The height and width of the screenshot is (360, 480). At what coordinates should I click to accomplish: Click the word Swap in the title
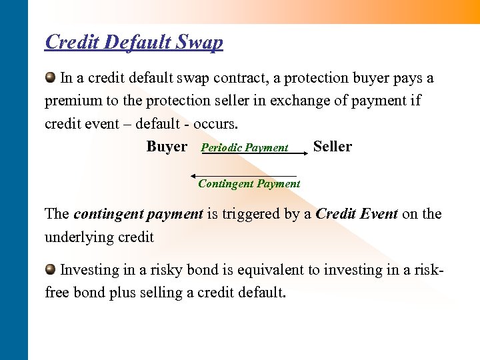click(198, 43)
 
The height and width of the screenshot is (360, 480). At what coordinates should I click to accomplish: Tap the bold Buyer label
click(167, 147)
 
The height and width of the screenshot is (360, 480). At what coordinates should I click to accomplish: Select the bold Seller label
click(332, 147)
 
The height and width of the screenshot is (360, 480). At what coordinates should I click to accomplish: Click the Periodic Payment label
click(245, 148)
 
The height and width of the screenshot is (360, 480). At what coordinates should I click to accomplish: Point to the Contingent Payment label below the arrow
click(249, 184)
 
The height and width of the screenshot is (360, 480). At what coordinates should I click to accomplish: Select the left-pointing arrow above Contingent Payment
click(243, 176)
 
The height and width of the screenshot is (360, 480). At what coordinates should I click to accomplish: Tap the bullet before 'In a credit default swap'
click(51, 77)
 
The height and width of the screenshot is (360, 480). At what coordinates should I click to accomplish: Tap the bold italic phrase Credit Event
click(357, 214)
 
